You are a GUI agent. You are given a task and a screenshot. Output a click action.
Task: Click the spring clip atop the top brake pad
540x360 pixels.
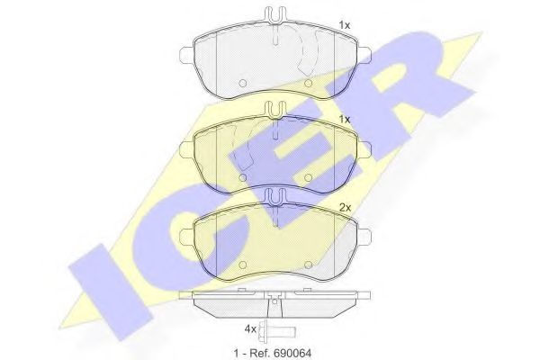pos(274,15)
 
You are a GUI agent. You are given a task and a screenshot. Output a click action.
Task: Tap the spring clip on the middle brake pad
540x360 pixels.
pos(274,109)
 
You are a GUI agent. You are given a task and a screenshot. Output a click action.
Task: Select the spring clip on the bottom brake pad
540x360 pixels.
pos(274,195)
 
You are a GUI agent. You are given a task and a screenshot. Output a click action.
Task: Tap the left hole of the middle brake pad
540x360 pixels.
pos(244,178)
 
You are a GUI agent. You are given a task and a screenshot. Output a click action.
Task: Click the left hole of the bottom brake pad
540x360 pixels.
pos(244,264)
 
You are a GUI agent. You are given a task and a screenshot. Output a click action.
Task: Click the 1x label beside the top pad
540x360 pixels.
pos(345,24)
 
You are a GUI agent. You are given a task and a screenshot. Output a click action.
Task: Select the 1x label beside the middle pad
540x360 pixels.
pos(345,118)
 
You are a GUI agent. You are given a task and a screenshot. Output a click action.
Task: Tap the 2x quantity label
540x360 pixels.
pos(345,206)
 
